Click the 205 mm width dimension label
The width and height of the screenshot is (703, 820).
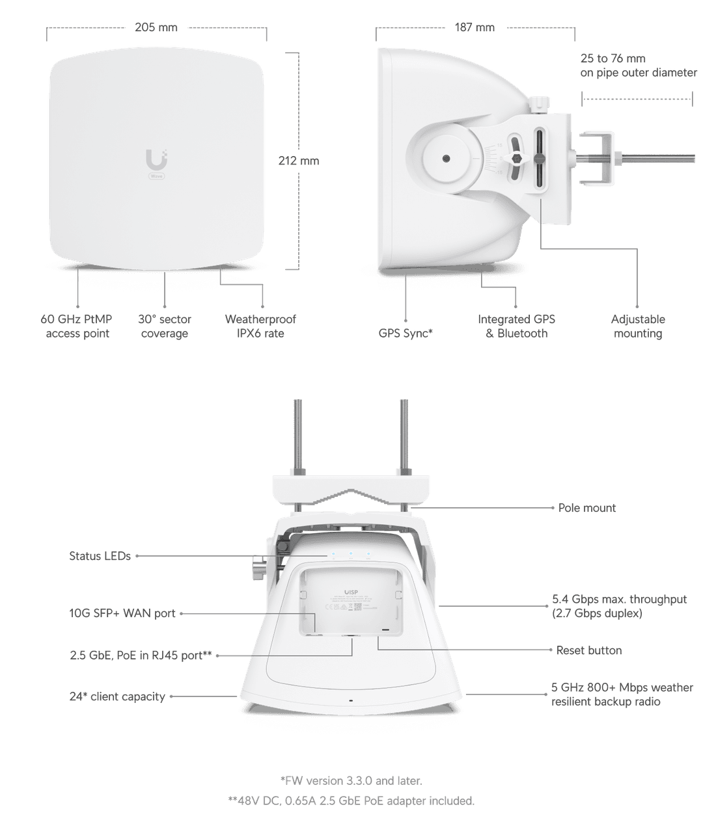156,28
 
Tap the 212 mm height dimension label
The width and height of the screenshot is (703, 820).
299,161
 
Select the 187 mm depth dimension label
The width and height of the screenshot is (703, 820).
475,28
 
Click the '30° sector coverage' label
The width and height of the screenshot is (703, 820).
165,326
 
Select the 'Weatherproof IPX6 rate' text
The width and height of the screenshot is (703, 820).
260,326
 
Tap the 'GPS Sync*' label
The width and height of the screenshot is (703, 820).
406,334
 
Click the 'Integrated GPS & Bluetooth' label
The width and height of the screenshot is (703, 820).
517,326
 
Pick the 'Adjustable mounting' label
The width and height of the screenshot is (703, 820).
638,326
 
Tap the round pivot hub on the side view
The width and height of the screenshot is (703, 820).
446,159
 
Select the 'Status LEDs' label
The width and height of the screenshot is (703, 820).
100,556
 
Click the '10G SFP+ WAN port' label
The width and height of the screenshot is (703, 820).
122,613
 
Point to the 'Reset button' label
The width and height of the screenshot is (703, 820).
588,650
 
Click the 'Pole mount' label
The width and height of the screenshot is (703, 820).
586,508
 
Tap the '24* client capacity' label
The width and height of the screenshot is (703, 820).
117,696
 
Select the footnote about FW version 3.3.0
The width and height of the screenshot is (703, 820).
351,780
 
